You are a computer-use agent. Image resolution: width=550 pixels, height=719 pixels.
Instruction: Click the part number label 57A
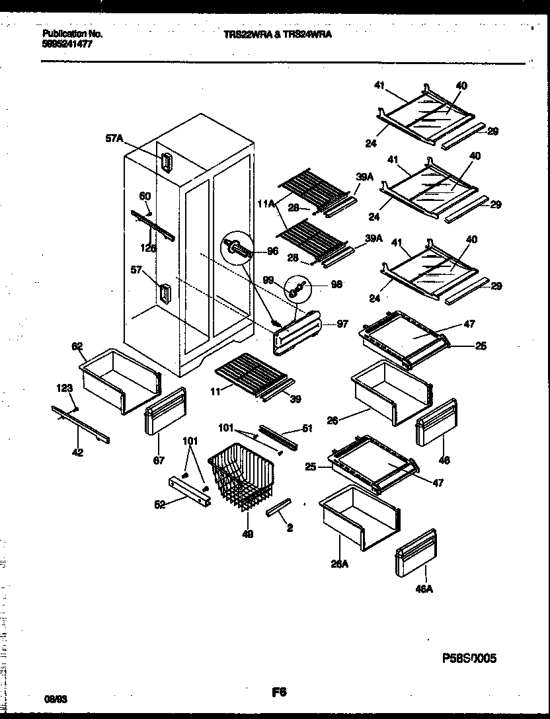coord(114,139)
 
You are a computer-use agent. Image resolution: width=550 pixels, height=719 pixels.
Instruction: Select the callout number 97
coord(342,324)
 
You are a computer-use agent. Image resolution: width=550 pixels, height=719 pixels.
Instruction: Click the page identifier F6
coord(278,693)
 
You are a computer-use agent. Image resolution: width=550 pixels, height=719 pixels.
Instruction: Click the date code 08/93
coord(51,698)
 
